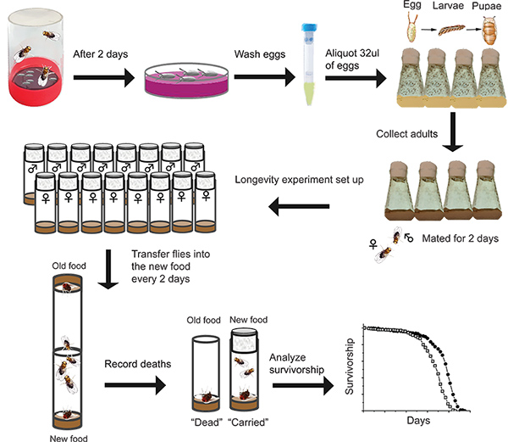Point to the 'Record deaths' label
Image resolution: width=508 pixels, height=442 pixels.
(x=137, y=364)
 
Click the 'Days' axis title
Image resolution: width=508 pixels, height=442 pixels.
(x=417, y=421)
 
